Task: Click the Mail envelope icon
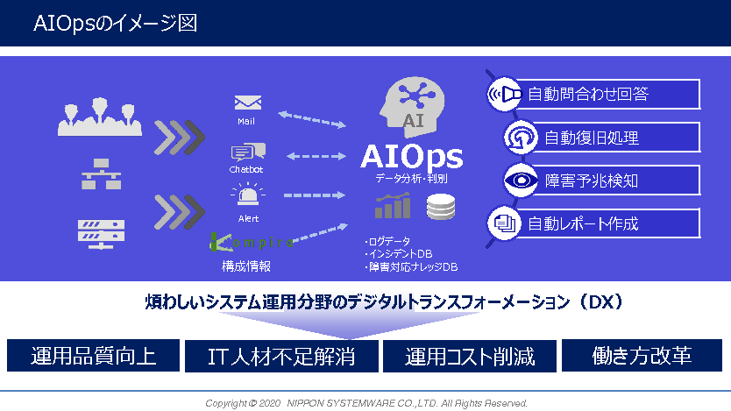[x=247, y=103]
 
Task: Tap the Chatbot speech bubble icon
[x=248, y=152]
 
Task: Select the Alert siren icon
[x=248, y=195]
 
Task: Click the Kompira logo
[x=252, y=242]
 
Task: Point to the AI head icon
[x=412, y=107]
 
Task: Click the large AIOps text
[x=412, y=156]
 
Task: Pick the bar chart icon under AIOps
[x=393, y=206]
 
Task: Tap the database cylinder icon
[x=441, y=207]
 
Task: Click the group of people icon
[x=100, y=117]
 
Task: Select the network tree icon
[x=101, y=174]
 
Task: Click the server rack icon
[x=101, y=234]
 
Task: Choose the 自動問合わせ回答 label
[x=588, y=94]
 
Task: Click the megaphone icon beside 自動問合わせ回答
[x=503, y=94]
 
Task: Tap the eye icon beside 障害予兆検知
[x=521, y=181]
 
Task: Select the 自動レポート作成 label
[x=583, y=224]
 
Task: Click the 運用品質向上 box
[x=93, y=356]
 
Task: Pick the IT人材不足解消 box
[x=281, y=356]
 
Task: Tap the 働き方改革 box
[x=642, y=356]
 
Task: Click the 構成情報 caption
[x=246, y=266]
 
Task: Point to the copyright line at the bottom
[x=366, y=403]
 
